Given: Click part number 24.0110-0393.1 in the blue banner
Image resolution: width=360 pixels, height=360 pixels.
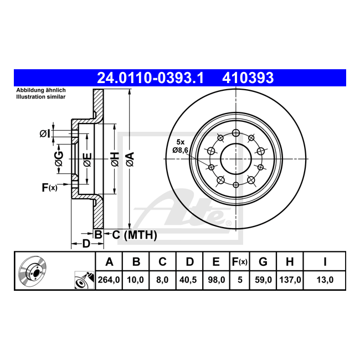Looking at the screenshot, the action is tap(151, 78).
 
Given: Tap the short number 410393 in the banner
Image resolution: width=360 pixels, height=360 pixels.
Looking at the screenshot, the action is tap(248, 78).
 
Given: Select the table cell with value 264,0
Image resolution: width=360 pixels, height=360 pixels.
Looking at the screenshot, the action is tap(109, 280).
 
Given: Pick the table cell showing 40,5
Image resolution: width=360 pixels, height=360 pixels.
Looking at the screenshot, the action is tap(189, 280).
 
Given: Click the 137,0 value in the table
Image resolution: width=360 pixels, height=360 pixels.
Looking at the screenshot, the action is tap(290, 280).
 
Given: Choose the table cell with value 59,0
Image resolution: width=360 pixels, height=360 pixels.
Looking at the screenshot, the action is tap(263, 280).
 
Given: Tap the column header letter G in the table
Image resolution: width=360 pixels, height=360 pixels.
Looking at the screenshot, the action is tap(263, 262).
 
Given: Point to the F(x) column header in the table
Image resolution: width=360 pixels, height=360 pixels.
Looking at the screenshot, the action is tap(240, 262).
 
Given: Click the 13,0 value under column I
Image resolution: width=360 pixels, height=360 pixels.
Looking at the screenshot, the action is tap(325, 280).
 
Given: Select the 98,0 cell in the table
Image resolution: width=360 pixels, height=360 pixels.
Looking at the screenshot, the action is tap(216, 280).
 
